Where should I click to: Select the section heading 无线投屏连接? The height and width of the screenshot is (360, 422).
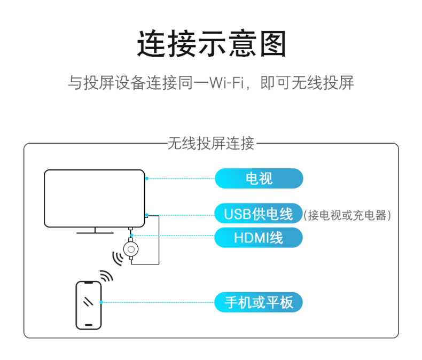pos(211,144)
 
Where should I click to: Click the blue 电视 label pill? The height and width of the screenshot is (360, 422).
pos(259,178)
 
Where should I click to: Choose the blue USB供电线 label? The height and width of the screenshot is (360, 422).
pos(259,215)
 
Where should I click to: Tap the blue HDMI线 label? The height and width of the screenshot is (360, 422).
pos(259,237)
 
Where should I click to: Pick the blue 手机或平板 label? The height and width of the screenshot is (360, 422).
pos(259,302)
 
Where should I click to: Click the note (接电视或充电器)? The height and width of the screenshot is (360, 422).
pos(348,216)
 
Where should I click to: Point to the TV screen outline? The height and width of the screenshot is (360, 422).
pos(95,198)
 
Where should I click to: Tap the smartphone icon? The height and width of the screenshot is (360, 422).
pos(88,304)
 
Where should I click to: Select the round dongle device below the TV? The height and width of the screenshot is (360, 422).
pos(131,249)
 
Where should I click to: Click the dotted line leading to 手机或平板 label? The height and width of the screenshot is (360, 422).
pos(158,302)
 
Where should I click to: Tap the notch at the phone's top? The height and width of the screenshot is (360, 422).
pos(88,283)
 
